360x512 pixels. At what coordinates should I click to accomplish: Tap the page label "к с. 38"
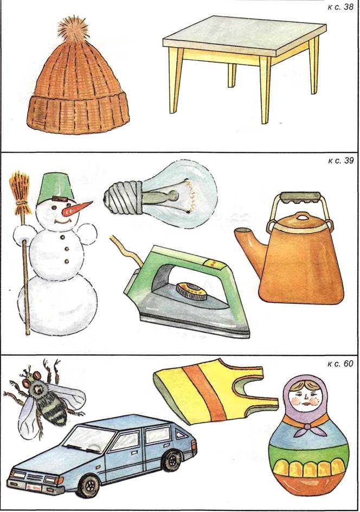(340, 7)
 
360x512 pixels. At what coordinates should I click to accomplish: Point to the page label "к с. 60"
(340, 364)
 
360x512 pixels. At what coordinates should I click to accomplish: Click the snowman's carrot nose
(76, 209)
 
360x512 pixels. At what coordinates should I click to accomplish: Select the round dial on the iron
(191, 291)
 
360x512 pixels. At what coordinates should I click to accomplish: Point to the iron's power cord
(128, 251)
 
